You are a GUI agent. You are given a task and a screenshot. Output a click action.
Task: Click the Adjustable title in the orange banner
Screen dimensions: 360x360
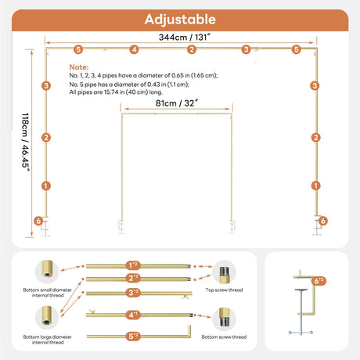click(180, 20)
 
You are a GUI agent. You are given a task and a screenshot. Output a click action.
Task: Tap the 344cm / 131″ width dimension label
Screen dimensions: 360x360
click(185, 37)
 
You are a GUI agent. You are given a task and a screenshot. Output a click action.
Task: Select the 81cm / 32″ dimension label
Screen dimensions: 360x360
click(177, 103)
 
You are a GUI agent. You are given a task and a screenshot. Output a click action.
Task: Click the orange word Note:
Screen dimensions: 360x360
click(79, 67)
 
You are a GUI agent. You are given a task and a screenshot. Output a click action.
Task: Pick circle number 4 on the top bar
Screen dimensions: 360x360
click(134, 49)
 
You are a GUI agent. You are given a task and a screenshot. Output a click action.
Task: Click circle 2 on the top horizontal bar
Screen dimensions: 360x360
click(192, 49)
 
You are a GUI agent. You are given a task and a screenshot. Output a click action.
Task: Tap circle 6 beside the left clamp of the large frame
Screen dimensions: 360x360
click(38, 221)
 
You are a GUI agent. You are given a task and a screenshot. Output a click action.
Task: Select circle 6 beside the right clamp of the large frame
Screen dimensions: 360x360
click(322, 221)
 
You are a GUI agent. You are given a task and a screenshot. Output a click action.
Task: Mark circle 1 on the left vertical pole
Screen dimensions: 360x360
click(46, 186)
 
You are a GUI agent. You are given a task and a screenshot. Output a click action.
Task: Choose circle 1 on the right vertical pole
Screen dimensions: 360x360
click(316, 185)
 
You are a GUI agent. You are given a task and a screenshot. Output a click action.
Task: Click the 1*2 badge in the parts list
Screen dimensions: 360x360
click(133, 265)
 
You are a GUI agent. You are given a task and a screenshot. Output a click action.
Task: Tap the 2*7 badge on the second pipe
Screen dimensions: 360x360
click(133, 278)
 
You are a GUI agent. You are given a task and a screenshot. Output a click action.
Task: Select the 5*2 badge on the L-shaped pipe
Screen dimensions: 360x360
click(133, 336)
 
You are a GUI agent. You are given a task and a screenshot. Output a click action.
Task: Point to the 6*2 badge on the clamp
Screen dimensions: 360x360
click(319, 281)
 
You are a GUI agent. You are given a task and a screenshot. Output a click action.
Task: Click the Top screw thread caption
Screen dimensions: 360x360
click(224, 290)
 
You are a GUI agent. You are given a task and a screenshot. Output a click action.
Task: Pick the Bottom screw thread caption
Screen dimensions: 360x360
click(224, 337)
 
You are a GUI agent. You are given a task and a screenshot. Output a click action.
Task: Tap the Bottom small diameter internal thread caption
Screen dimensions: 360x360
click(48, 293)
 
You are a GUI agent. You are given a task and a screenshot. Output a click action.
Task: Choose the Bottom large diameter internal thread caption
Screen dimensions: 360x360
click(48, 340)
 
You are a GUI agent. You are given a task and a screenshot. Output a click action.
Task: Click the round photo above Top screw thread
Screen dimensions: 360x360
click(224, 272)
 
